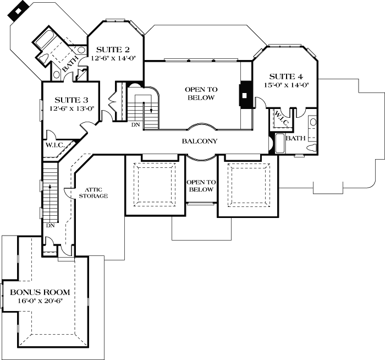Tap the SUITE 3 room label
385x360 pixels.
(71, 100)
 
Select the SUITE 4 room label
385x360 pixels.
(285, 77)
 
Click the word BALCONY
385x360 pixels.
(200, 141)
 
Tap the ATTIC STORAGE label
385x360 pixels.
(93, 192)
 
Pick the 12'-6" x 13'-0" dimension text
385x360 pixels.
(71, 108)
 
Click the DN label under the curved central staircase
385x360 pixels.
(135, 126)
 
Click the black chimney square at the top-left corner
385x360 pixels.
(20, 11)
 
